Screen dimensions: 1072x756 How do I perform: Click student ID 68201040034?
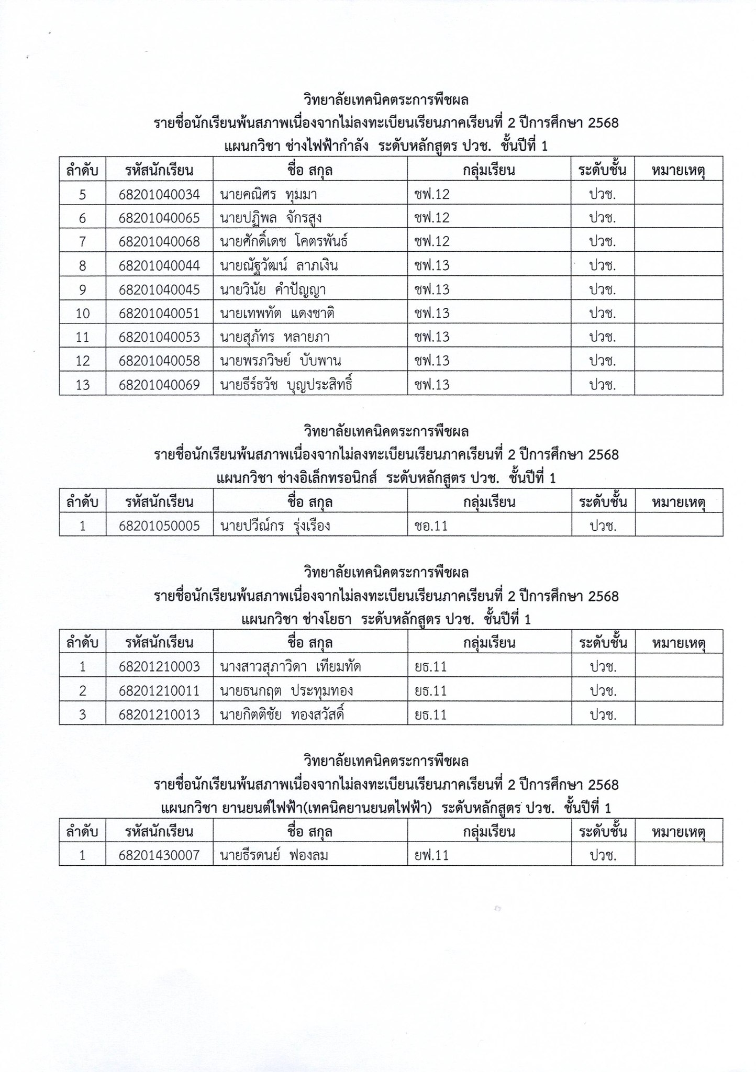159,195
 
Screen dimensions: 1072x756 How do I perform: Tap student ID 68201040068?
159,241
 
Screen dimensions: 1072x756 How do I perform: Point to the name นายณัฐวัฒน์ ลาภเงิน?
279,266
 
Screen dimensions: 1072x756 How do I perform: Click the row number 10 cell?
83,314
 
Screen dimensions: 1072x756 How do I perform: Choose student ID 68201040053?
159,337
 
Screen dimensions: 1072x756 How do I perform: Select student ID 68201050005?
159,526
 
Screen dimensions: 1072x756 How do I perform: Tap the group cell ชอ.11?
431,526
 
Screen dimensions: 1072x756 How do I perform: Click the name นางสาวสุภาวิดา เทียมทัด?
291,667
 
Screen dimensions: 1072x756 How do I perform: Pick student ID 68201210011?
159,691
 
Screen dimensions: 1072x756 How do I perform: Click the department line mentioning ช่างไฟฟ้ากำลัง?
385,146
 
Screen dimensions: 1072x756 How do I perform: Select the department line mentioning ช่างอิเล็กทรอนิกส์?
385,478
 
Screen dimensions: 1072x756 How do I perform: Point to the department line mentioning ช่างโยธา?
385,620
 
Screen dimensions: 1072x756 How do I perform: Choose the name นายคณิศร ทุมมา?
269,195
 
